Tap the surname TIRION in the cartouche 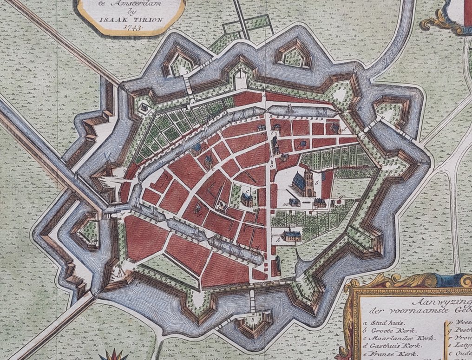(x=137, y=20)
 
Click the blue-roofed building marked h (x=291, y=235)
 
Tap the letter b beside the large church (x=317, y=182)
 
